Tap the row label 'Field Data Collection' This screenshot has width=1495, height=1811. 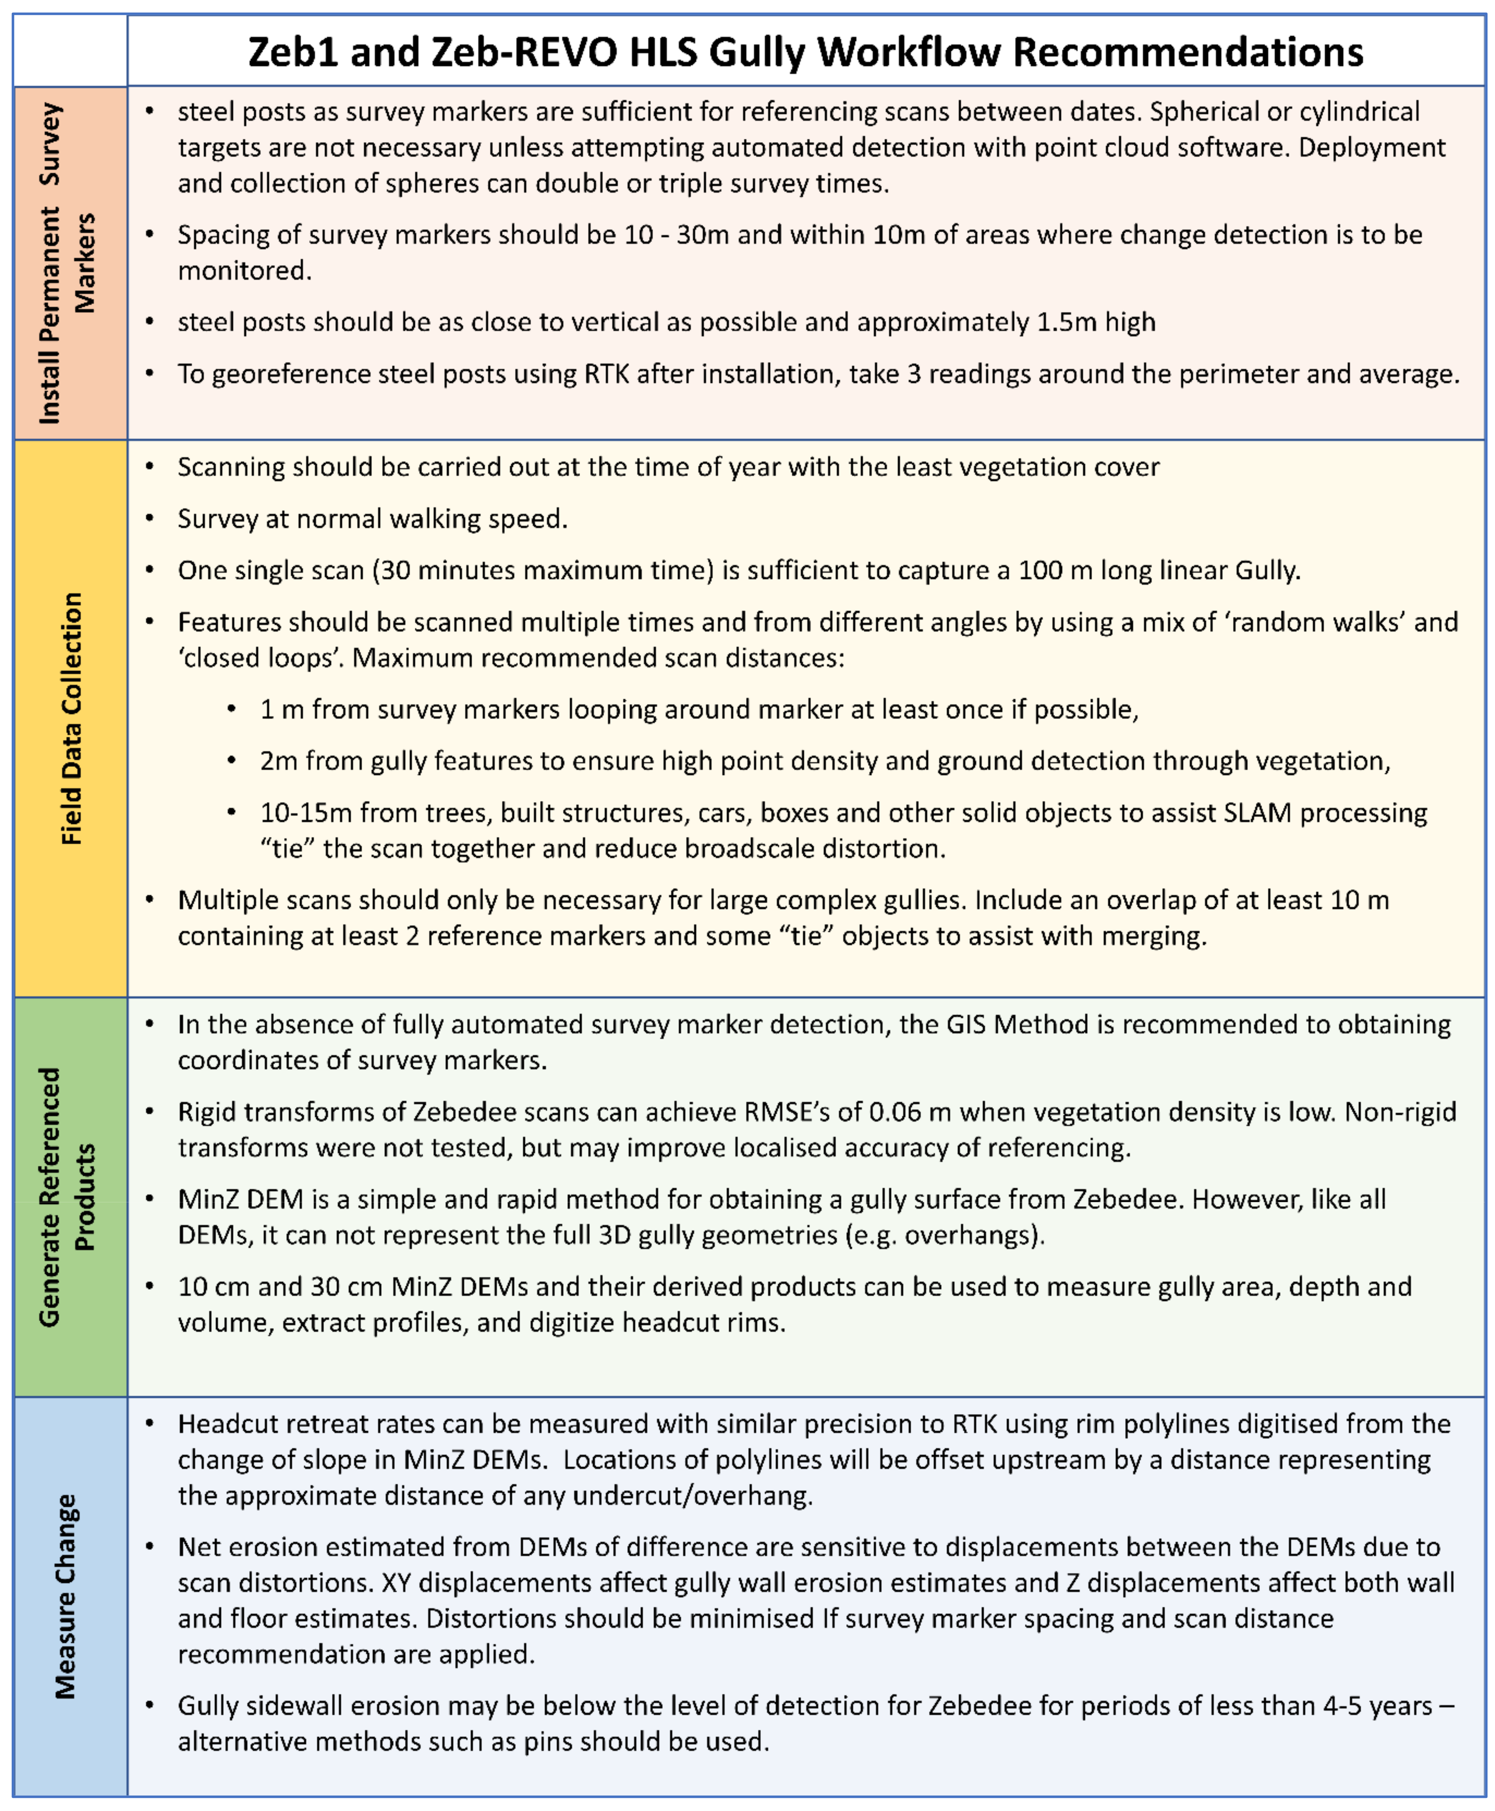click(x=71, y=719)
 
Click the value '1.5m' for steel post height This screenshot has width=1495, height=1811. click(x=1066, y=322)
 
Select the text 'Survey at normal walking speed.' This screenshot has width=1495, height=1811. click(x=372, y=518)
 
